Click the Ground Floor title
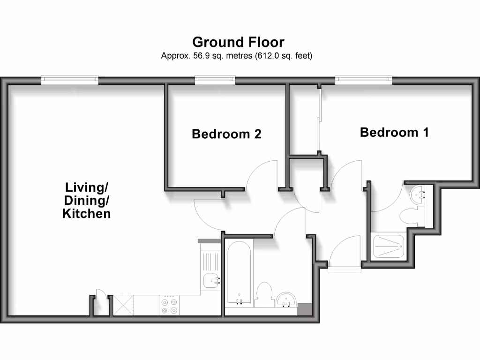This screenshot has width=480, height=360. coord(238,42)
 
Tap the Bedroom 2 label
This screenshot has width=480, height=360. coord(226,134)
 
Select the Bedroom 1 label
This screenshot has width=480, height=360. coord(394,132)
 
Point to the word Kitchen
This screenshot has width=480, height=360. coord(87,214)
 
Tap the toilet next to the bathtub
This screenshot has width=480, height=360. coord(264,294)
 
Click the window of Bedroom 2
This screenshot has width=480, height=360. coord(215,81)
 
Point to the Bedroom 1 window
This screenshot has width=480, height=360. coord(363,81)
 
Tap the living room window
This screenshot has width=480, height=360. coord(70,81)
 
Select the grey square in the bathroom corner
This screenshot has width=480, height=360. coord(304,309)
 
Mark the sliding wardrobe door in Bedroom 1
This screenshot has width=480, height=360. coord(319,120)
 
